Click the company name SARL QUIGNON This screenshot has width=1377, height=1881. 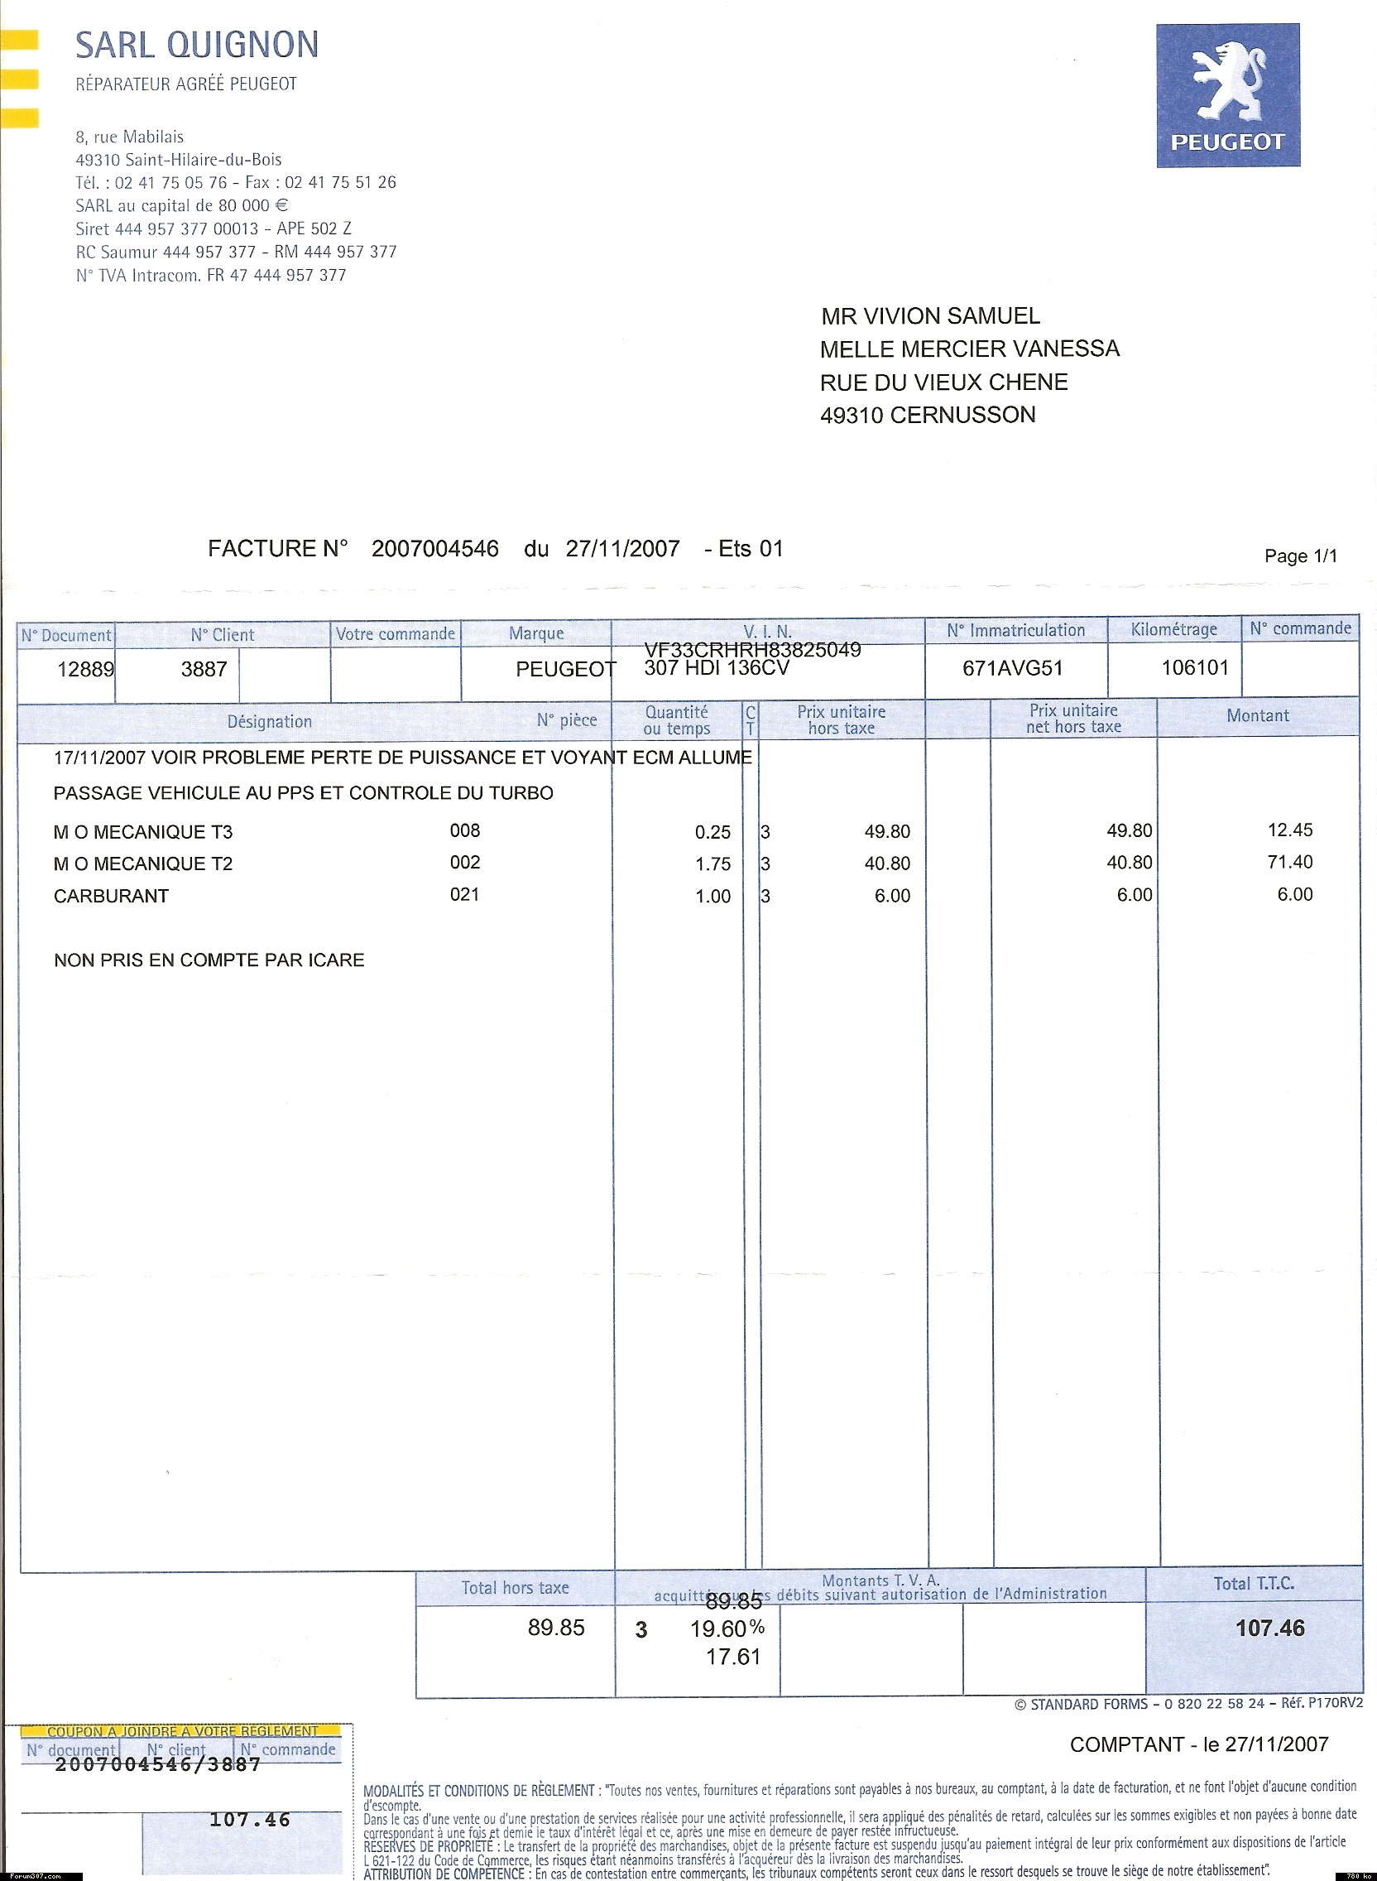[x=197, y=44]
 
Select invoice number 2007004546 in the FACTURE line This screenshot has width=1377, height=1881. [x=434, y=549]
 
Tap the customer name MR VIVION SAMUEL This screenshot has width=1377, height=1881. [x=930, y=316]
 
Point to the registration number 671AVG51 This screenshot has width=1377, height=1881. [x=1012, y=668]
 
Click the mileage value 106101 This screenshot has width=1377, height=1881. [x=1194, y=667]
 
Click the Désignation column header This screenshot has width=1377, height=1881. [x=269, y=721]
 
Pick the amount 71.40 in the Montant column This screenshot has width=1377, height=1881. [x=1289, y=862]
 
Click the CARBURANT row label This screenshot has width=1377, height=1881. [x=111, y=897]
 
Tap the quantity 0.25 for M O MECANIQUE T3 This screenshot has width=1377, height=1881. [x=712, y=832]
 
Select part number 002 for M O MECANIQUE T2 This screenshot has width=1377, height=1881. [x=465, y=862]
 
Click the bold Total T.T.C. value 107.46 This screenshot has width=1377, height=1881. [x=1269, y=1628]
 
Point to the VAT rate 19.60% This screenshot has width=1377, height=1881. [x=727, y=1628]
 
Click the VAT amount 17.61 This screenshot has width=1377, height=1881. [x=732, y=1657]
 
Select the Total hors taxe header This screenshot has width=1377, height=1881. [x=515, y=1589]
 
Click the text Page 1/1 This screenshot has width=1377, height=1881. [x=1300, y=556]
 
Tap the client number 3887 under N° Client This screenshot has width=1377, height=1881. [x=204, y=669]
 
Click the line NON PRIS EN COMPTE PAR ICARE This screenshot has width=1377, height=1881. [x=209, y=960]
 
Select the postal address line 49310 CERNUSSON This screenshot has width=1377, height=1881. [x=927, y=416]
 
